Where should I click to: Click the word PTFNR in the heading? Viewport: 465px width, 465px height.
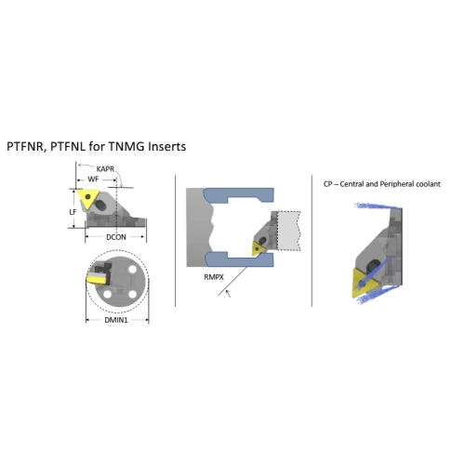26,146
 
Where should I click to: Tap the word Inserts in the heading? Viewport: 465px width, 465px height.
166,146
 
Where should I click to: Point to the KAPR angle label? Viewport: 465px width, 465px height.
105,169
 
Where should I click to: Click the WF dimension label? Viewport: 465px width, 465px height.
93,179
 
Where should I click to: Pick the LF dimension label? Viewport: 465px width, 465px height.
73,212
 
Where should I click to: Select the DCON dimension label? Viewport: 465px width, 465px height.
116,237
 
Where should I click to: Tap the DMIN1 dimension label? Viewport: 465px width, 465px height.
116,320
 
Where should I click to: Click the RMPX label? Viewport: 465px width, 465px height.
214,277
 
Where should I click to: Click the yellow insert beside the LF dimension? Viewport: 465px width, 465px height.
88,199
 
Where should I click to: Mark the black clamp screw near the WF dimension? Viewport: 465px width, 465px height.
100,205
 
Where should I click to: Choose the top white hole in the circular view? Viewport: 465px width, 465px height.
132,269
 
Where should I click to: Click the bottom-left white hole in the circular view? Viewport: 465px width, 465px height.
108,294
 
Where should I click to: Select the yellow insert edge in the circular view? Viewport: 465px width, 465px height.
96,280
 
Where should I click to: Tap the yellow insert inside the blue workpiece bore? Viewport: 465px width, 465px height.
258,248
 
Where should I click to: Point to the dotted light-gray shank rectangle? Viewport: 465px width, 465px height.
288,231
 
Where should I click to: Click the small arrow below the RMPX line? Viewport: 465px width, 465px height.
228,293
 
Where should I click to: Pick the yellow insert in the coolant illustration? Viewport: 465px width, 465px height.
365,283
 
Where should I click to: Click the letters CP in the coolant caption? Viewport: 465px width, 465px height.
327,184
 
